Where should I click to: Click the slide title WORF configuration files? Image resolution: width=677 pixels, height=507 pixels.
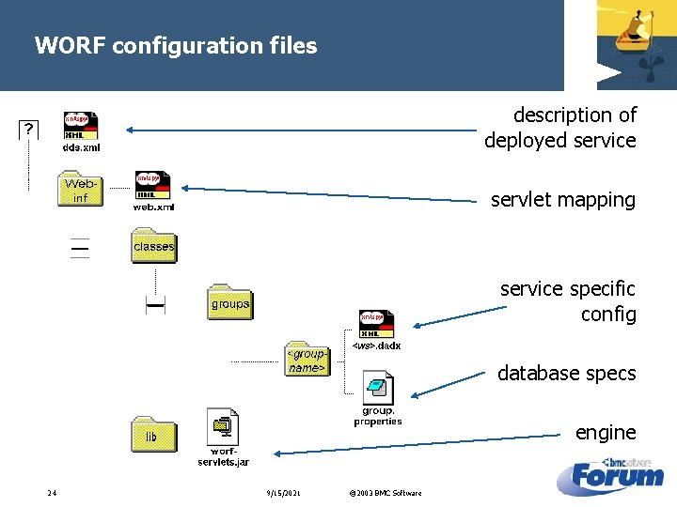click(176, 45)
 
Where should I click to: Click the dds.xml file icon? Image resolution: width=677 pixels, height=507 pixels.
click(81, 127)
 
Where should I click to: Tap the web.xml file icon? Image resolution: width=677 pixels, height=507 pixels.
click(152, 186)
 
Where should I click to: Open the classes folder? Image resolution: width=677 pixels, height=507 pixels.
click(153, 246)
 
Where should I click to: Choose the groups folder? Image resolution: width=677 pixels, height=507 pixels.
click(229, 302)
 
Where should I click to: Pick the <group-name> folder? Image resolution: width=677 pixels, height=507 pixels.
click(307, 359)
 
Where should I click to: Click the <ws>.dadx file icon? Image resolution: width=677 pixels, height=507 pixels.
click(377, 324)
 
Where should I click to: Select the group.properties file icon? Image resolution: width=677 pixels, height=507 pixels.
click(378, 389)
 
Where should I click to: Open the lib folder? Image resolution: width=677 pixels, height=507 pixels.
click(152, 436)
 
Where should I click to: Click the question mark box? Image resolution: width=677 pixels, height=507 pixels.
click(29, 129)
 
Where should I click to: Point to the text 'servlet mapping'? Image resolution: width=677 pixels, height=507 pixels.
click(562, 199)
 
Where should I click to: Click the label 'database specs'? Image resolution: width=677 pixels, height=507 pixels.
click(566, 373)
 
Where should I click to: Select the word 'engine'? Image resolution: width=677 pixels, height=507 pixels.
click(606, 432)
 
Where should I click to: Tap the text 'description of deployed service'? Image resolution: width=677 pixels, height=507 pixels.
click(560, 128)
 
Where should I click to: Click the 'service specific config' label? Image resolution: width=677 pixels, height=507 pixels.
click(568, 300)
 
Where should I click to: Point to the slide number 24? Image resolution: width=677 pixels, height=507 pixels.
click(53, 493)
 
